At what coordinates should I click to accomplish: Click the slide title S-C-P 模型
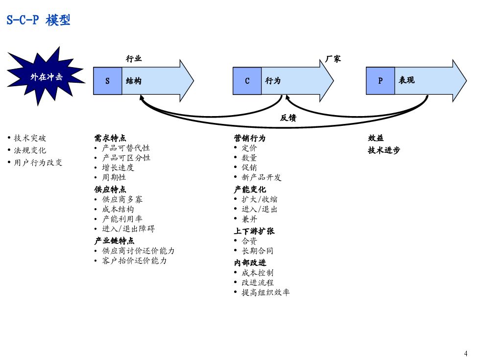coord(38,20)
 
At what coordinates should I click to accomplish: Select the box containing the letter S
coord(108,81)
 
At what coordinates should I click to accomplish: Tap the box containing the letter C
coord(247,81)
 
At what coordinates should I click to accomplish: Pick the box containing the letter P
coord(380,81)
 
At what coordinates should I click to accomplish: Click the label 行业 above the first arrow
coord(134,59)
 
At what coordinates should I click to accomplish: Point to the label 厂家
coord(333,59)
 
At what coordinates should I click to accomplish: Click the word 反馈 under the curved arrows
coord(288,118)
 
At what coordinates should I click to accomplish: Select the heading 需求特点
coord(110,138)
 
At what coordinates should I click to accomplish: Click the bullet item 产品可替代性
coord(125,148)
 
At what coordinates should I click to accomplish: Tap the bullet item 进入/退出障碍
coord(128,229)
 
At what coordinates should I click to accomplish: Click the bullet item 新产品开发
coord(262,177)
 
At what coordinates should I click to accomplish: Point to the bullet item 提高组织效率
coord(265,292)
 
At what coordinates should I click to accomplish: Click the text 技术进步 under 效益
coord(384,150)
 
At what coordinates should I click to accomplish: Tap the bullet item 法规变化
coord(30,150)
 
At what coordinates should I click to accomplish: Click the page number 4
coord(465,354)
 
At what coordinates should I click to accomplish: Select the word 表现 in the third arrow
coord(407,80)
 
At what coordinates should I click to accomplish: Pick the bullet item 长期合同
coord(257,251)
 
